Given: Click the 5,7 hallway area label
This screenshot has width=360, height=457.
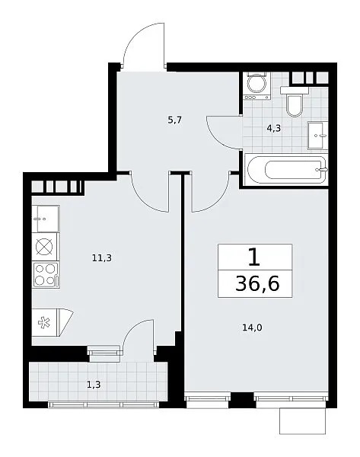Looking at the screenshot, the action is point(175,120).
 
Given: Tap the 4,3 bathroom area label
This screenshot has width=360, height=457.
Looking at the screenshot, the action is point(273,128).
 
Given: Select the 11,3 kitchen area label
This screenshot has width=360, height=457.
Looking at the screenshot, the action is point(102,257).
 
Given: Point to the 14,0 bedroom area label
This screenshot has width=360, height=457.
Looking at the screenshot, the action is point(252,328).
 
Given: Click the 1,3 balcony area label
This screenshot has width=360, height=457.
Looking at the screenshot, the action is point(94,385).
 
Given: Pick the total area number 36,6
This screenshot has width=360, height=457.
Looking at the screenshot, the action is point(257,283).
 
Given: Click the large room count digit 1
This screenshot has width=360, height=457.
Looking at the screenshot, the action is point(254,257).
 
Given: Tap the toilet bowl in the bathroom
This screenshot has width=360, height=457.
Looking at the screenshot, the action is point(295,102).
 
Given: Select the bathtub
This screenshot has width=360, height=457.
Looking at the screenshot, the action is point(285,170).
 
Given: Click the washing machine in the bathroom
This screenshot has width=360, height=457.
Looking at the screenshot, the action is point(256,86).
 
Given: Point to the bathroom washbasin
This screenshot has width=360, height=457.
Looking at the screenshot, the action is point(317,136).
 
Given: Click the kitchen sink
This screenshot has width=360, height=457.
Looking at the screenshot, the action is point(46,219).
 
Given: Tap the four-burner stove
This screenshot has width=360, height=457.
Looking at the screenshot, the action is point(46,275).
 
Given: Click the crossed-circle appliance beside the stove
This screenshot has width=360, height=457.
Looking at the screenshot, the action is point(45,247).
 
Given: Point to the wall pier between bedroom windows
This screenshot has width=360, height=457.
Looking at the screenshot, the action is point(241,400).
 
